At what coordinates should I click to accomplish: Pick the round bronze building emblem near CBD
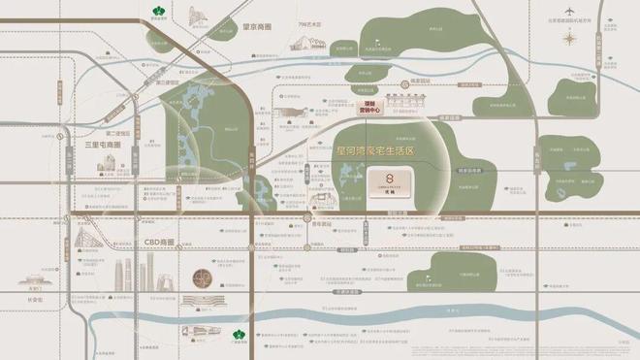[x=201, y=278]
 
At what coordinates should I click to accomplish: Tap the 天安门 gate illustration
[x=35, y=279]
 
